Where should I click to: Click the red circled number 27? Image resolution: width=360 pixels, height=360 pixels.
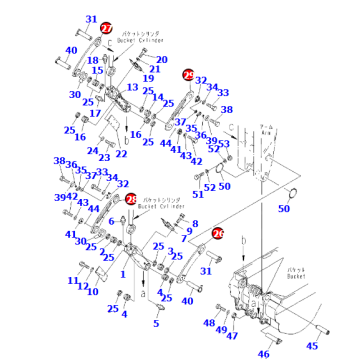pos(107,30)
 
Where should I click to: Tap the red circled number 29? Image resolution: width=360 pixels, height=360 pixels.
pos(188,74)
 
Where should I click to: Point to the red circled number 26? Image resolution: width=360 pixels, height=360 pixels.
pos(218,233)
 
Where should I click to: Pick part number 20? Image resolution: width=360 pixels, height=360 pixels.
pos(162,60)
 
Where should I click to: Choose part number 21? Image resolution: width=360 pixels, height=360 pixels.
pos(154,69)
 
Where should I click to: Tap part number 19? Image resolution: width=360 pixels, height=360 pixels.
pos(146,79)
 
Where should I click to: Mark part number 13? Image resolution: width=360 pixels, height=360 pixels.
pos(132,88)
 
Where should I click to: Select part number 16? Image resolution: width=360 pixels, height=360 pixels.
pos(135,133)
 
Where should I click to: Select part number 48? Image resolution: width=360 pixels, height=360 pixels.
pos(208,323)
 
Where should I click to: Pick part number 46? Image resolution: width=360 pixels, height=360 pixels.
pos(264,353)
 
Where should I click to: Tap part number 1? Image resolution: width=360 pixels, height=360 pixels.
pos(122,272)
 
